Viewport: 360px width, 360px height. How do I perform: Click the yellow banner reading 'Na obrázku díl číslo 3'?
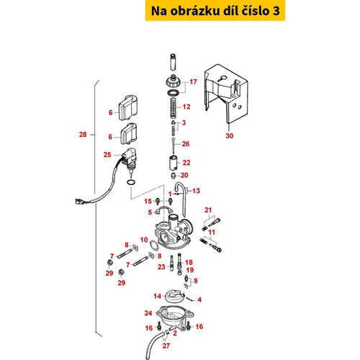tap(215, 11)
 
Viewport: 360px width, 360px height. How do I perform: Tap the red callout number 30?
tap(230, 136)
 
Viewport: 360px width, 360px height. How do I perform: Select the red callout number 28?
tap(83, 135)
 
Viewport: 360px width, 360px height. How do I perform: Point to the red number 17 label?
tap(193, 82)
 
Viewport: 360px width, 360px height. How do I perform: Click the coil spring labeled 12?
tap(174, 108)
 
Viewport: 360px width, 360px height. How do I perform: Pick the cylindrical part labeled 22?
tap(174, 163)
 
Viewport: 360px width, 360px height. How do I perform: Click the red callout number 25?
tap(107, 155)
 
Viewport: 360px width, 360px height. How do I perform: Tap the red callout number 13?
tap(196, 191)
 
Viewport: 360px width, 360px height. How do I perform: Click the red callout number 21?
tap(208, 210)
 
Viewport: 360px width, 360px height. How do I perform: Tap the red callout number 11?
tap(212, 232)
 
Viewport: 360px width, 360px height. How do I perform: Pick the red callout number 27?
tap(166, 346)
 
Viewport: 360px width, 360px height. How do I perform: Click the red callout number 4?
tap(199, 300)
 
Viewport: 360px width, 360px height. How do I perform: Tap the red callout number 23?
tap(161, 267)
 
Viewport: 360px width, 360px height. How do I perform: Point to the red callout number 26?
tap(186, 144)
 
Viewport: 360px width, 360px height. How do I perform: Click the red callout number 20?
tap(184, 175)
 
